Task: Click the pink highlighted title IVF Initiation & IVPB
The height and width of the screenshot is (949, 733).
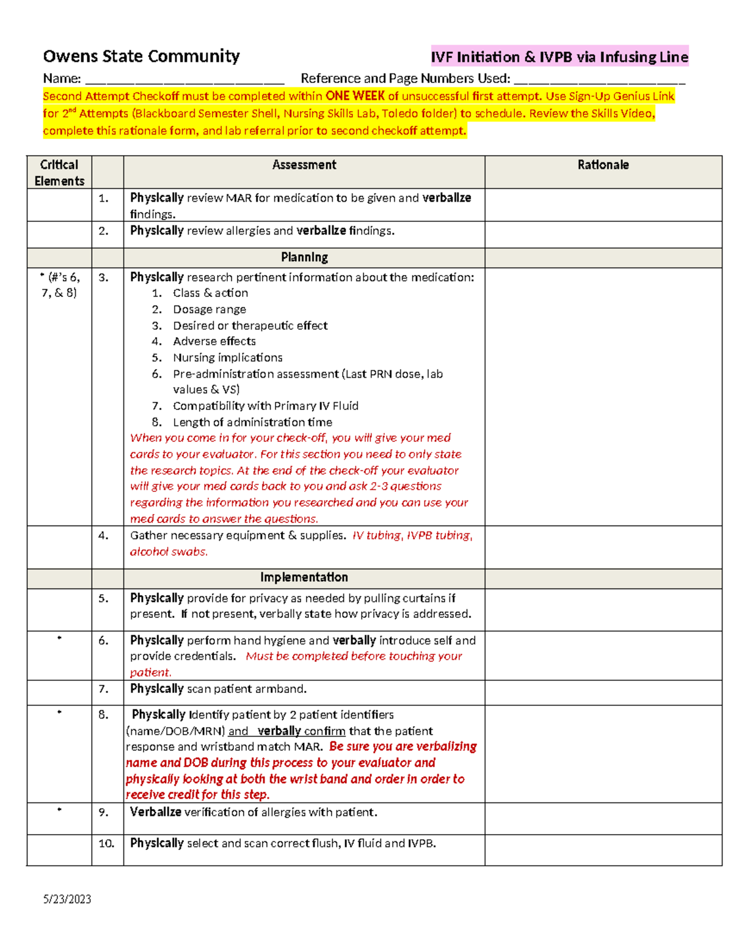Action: (559, 57)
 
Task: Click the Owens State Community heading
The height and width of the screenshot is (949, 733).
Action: (141, 56)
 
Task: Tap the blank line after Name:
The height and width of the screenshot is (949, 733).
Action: (184, 79)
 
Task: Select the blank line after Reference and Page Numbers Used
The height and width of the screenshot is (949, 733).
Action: (599, 79)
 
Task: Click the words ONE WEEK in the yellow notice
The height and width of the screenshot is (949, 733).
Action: (355, 96)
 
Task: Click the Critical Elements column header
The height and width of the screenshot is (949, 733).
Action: (59, 172)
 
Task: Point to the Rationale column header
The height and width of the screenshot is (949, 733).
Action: (603, 165)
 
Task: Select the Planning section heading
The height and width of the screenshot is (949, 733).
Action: (304, 257)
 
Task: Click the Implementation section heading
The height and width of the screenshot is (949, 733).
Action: (304, 577)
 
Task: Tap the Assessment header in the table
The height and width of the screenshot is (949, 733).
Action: (304, 165)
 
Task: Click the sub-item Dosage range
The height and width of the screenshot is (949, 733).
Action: (209, 309)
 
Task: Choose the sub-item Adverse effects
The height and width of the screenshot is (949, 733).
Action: (214, 341)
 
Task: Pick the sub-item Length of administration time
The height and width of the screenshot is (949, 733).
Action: (252, 422)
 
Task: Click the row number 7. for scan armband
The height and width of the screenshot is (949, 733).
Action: (103, 689)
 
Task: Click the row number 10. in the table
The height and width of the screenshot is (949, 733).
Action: (106, 843)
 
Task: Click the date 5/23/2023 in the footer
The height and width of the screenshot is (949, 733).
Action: (67, 899)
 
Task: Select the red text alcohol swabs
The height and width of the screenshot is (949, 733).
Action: (169, 551)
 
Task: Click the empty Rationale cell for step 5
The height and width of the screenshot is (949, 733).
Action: (603, 609)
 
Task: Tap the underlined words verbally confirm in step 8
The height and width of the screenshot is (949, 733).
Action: (301, 731)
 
